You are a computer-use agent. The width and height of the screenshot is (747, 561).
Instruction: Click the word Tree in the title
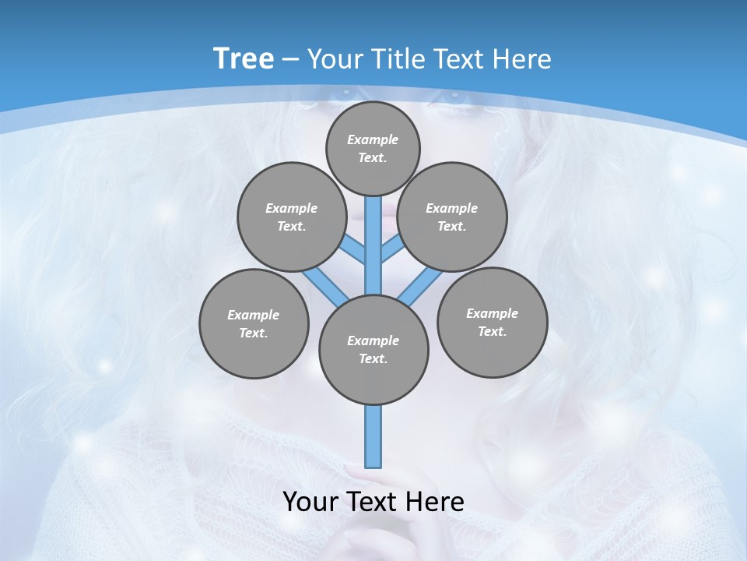[x=244, y=58]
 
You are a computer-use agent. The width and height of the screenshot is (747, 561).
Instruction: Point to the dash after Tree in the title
[x=290, y=60]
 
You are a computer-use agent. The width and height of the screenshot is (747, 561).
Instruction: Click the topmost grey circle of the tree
[x=373, y=148]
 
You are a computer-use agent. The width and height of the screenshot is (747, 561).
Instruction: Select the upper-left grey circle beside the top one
[x=292, y=217]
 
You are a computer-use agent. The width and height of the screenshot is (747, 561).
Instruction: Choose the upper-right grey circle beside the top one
[x=452, y=217]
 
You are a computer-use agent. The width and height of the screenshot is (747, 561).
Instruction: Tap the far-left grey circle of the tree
[x=254, y=323]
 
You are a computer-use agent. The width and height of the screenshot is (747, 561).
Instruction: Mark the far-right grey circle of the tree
[x=492, y=322]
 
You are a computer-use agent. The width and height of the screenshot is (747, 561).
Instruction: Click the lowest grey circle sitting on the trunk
[x=373, y=350]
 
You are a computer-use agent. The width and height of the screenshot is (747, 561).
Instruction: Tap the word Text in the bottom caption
[x=371, y=502]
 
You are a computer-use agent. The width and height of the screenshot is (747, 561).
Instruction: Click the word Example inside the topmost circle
[x=373, y=139]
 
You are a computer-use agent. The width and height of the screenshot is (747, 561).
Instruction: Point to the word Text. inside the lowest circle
[x=373, y=359]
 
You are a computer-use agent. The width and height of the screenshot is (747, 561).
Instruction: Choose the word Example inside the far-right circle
[x=492, y=313]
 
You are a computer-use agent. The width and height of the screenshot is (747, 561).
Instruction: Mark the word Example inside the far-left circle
[x=253, y=315]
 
